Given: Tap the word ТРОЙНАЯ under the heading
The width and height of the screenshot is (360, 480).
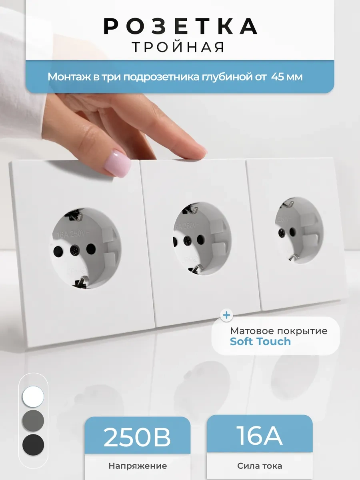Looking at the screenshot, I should [178, 47].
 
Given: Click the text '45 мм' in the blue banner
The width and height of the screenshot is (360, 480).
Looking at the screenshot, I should [287, 77].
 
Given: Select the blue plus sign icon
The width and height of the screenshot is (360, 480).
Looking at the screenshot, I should [227, 315].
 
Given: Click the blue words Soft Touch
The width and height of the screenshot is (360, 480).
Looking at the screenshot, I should [260, 341].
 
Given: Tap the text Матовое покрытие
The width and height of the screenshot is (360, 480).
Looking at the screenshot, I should [278, 331].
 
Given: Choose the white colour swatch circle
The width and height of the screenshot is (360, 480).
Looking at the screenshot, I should [33, 396].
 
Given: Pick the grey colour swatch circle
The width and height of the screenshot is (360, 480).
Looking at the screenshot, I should [33, 420].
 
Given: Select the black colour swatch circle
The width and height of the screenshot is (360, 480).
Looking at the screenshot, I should [33, 444].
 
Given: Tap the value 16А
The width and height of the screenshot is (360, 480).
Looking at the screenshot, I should [259, 436].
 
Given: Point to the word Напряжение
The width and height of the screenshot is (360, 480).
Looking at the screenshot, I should [137, 466].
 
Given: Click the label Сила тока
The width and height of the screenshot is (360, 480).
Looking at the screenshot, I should [259, 466].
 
